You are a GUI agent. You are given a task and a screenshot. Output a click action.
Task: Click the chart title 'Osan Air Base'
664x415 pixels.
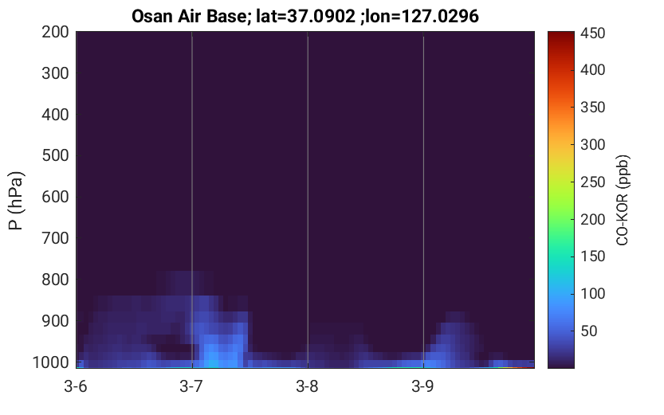pos(188,17)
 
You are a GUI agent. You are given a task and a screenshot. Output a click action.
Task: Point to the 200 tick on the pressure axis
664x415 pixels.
pos(55,32)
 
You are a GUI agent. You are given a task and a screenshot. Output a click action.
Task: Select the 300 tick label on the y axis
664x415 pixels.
pos(55,73)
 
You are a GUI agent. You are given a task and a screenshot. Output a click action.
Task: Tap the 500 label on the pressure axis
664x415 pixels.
pos(55,155)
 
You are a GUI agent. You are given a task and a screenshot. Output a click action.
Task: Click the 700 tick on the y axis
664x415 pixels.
pos(55,239)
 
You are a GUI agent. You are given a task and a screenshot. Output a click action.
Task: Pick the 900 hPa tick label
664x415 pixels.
pos(55,322)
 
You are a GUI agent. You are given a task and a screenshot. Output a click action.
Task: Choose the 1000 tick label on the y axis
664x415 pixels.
pos(51,362)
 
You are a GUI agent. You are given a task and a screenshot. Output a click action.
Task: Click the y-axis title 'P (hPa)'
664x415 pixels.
pos(16,201)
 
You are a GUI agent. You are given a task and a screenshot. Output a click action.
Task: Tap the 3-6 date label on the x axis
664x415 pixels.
pos(76,386)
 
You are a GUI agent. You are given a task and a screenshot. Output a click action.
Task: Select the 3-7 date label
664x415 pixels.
pos(191,386)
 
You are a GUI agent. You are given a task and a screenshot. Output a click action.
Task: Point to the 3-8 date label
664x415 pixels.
pos(307,386)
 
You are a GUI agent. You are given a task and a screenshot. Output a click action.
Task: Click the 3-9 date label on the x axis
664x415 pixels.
pos(422,386)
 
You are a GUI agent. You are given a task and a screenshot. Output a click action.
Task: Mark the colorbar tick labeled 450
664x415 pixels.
pos(592,33)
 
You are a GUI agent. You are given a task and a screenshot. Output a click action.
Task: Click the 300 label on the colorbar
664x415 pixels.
pos(592,145)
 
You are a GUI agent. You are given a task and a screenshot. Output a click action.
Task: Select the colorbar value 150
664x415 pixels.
pos(592,256)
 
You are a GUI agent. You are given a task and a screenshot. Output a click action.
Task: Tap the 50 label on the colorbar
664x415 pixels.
pos(588,331)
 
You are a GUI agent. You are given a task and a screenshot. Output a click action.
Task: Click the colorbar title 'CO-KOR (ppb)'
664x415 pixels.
pos(623,200)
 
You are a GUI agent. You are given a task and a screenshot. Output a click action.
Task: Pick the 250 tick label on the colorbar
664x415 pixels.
pos(592,182)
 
